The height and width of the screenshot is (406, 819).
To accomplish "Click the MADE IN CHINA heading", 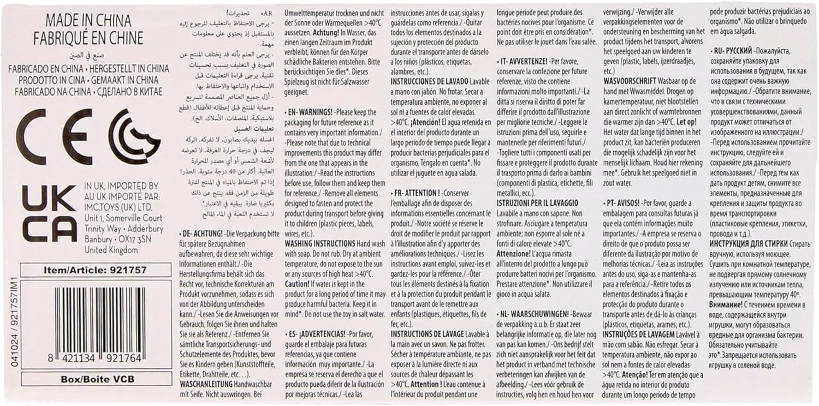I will point(88,21).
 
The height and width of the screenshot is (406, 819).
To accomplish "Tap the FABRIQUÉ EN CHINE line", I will point(88,38).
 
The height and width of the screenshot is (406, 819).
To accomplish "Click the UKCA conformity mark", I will point(49,212).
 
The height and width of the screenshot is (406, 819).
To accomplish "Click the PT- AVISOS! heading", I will point(624,202).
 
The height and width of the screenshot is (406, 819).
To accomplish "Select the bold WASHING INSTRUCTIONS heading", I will point(319,242).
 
